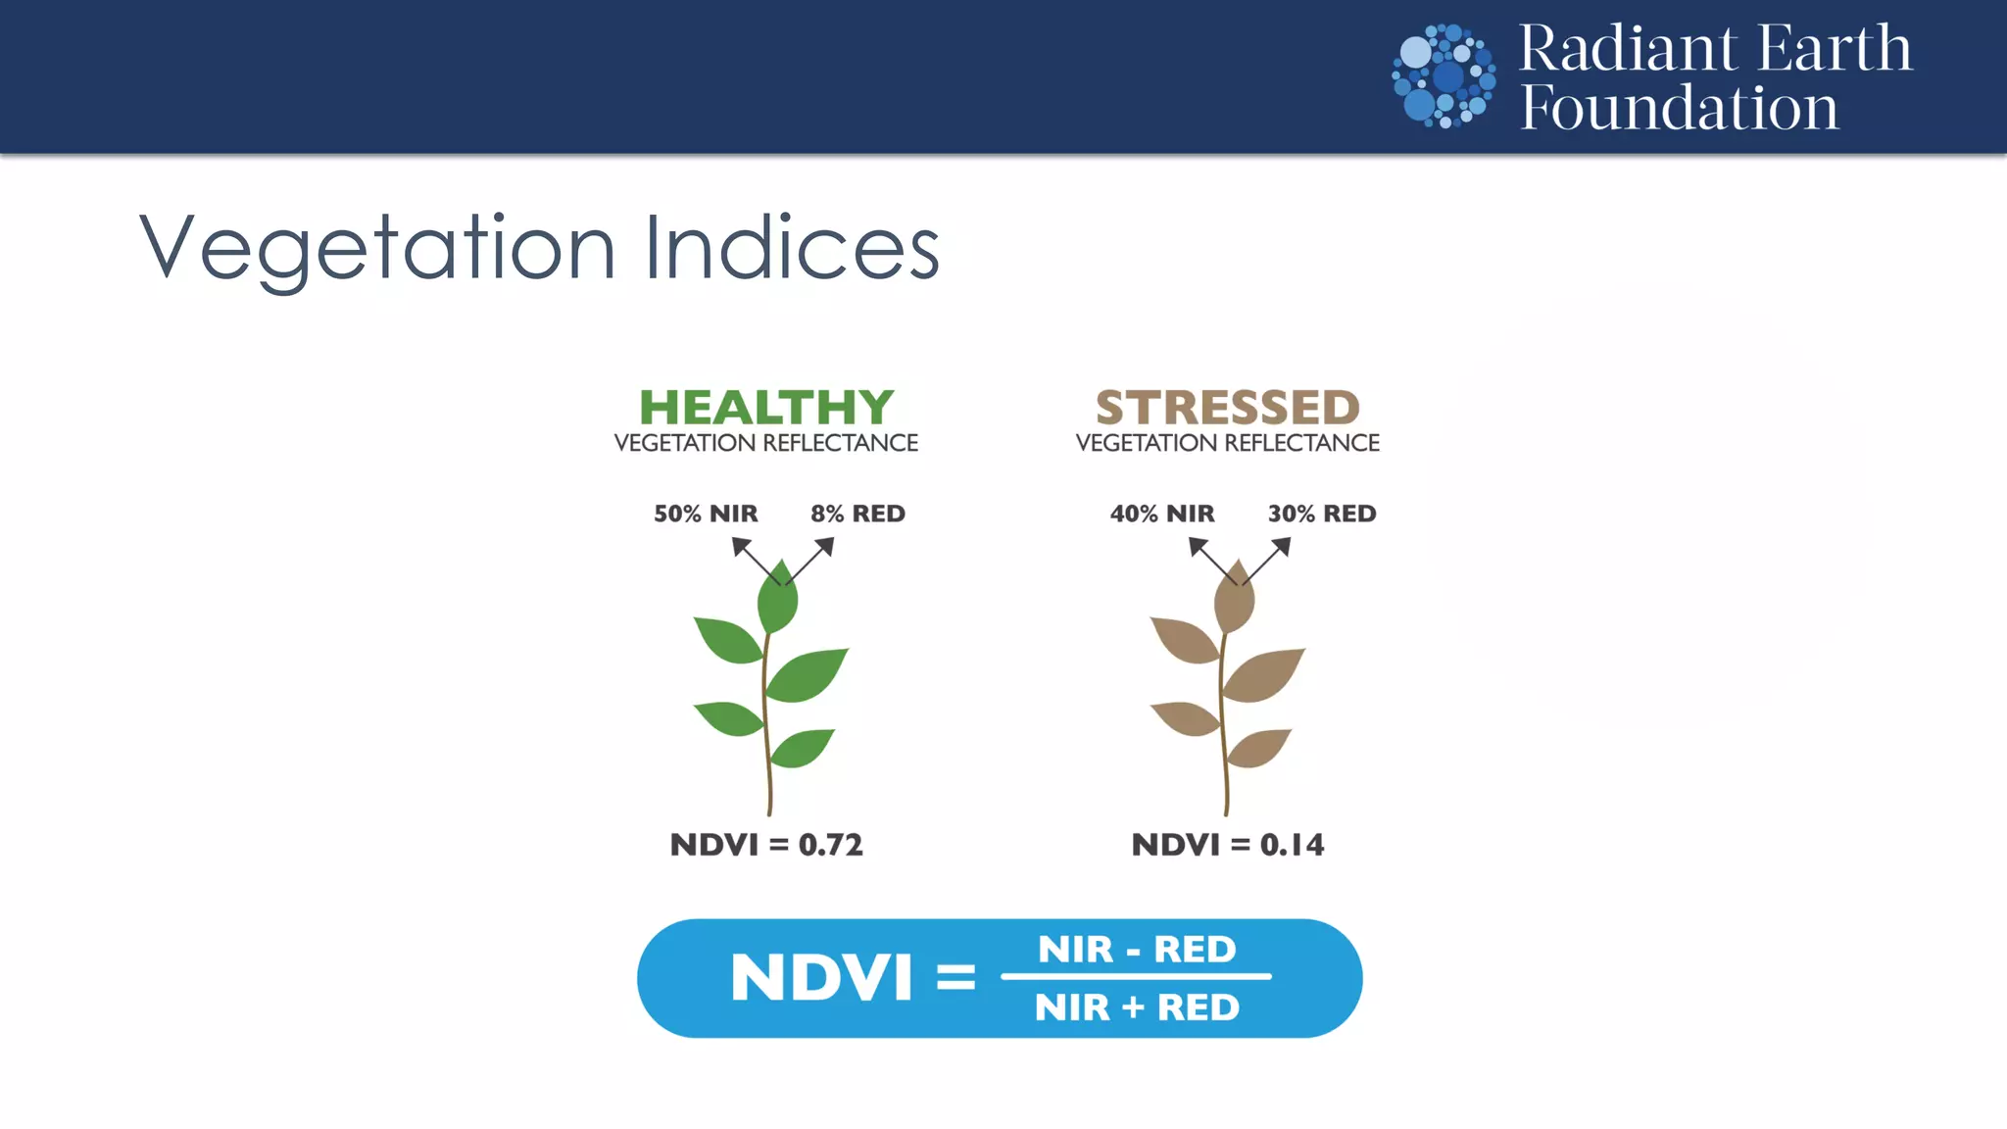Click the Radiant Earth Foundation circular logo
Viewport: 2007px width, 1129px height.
coord(1444,76)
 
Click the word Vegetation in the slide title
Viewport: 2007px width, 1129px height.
coord(377,249)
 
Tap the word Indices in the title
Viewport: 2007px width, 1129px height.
coord(792,249)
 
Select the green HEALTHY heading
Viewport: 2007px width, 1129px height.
coord(766,407)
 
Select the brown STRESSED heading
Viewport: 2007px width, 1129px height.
coord(1228,407)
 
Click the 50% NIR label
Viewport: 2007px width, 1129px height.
coord(706,514)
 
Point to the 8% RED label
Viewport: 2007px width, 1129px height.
coord(857,514)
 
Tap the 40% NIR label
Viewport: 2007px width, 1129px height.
coord(1162,514)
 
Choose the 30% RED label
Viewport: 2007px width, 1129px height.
coord(1322,514)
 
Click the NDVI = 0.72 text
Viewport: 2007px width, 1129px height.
coord(766,845)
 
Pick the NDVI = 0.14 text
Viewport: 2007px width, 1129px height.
coord(1228,845)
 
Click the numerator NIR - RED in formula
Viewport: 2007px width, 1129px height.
coord(1137,949)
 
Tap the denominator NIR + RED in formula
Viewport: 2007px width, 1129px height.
coord(1137,1007)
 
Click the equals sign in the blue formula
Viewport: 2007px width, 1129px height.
coord(955,978)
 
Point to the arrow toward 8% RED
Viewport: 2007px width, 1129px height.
coord(811,560)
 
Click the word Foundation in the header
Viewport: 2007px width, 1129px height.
coord(1679,108)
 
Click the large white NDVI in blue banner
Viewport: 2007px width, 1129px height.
coord(821,978)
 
